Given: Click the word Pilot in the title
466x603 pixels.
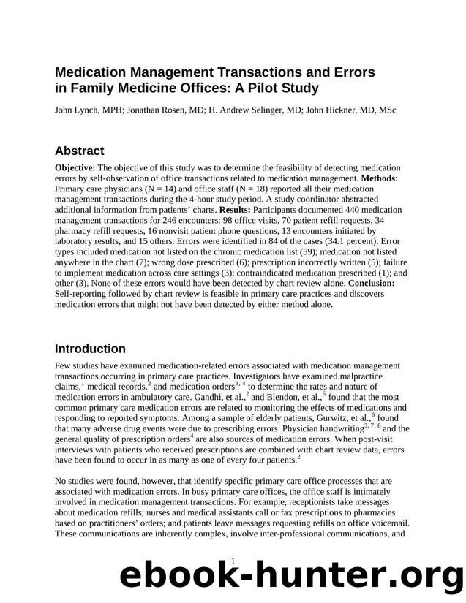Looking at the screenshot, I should pos(260,88).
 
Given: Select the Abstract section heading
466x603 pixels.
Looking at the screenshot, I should pos(80,151).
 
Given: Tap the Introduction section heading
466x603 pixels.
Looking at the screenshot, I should pos(90,349).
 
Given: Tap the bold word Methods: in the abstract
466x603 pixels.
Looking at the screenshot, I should pos(377,178).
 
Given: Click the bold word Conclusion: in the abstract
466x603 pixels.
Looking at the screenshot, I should pos(371,283).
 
